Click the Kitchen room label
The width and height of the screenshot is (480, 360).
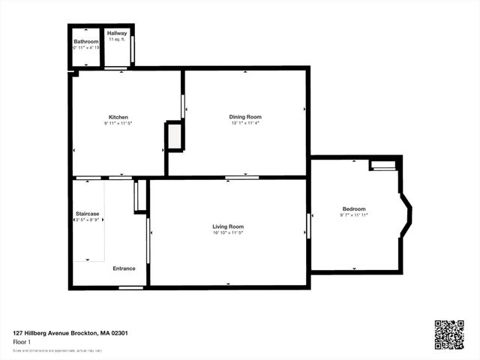pyautogui.click(x=118, y=117)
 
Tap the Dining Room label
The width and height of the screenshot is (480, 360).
pyautogui.click(x=245, y=117)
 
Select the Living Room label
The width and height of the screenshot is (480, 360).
pyautogui.click(x=228, y=226)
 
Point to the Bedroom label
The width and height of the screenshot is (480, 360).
pyautogui.click(x=354, y=208)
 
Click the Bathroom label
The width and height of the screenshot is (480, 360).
pyautogui.click(x=86, y=41)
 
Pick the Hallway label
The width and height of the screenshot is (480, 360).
pyautogui.click(x=117, y=34)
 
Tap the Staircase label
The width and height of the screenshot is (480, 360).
pyautogui.click(x=87, y=214)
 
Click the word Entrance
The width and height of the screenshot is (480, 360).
pyautogui.click(x=124, y=268)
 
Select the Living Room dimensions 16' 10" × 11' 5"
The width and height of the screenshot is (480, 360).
pyautogui.click(x=228, y=233)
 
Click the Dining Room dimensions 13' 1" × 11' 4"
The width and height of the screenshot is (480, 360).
pyautogui.click(x=245, y=124)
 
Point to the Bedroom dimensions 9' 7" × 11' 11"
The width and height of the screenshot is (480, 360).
pyautogui.click(x=354, y=215)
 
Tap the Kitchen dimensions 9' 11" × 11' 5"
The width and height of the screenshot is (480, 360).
pyautogui.click(x=118, y=124)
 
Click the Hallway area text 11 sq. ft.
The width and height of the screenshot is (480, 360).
pyautogui.click(x=117, y=40)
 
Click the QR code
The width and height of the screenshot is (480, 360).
pyautogui.click(x=448, y=334)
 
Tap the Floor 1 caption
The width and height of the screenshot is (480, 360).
pyautogui.click(x=22, y=341)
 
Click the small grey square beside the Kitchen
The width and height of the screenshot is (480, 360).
pyautogui.click(x=174, y=136)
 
